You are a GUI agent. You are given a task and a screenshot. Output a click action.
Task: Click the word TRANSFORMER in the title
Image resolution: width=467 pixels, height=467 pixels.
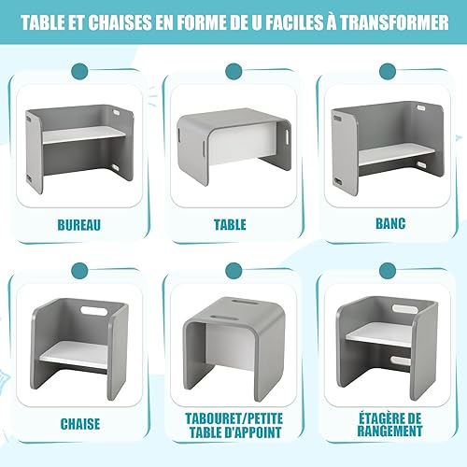(x=394, y=22)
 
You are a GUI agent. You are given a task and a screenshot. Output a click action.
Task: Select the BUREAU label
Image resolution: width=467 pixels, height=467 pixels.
(x=79, y=225)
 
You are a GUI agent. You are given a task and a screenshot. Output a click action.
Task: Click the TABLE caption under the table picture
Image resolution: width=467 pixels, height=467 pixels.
(x=230, y=225)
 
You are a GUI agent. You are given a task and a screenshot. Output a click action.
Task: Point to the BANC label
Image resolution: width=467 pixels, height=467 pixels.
(x=390, y=223)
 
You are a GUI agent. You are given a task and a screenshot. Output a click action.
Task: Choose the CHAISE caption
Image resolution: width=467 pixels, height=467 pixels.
(x=80, y=424)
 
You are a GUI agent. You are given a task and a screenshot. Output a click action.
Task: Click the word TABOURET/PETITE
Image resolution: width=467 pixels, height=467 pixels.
(x=234, y=418)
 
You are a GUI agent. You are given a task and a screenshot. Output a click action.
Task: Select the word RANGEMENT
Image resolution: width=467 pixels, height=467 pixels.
(x=389, y=432)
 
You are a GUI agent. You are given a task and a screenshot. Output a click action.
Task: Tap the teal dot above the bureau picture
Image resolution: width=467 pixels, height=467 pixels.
(x=79, y=72)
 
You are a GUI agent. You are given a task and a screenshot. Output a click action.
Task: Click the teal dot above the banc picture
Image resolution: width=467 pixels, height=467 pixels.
(x=388, y=72)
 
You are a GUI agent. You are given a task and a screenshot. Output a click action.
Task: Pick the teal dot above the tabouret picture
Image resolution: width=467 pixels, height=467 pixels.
(x=233, y=271)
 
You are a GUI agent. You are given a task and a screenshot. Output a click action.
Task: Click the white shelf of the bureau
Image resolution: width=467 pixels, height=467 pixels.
(x=83, y=134)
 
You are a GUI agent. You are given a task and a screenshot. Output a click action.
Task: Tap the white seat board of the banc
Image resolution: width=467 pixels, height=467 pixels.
(x=397, y=156)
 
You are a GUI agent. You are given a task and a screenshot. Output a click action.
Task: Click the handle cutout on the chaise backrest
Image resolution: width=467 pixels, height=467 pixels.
(x=93, y=310)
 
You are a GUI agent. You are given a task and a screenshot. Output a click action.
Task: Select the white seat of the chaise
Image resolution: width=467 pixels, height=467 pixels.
(x=75, y=353)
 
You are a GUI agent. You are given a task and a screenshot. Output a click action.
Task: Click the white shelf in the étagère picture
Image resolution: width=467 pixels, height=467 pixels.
(x=378, y=335)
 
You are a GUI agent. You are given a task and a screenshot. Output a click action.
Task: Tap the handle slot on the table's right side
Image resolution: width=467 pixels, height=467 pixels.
(x=286, y=136)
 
